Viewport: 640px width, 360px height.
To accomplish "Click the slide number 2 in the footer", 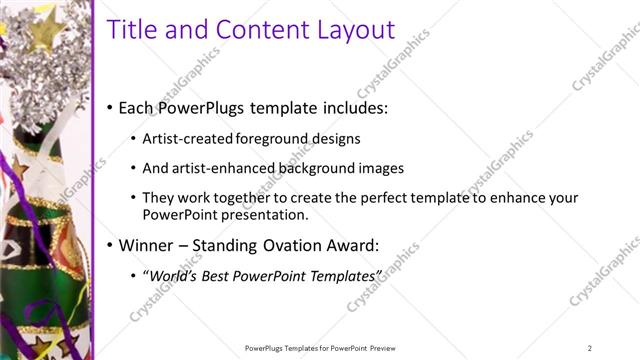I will (x=589, y=348).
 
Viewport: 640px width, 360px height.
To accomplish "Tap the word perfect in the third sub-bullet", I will (x=376, y=198).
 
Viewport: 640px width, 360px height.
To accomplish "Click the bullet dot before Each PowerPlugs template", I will (x=110, y=107).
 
